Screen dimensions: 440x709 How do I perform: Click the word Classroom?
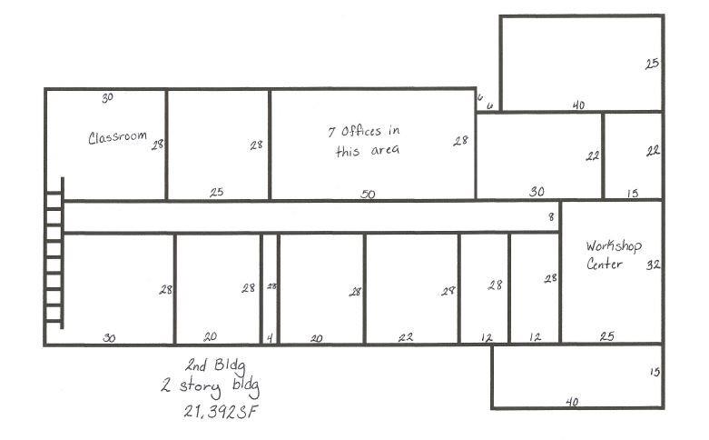[117, 137]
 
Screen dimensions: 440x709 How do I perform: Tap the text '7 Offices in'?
[363, 131]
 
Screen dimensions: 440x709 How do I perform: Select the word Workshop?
[614, 245]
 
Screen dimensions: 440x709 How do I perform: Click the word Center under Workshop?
[605, 264]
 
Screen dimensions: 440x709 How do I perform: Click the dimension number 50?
[368, 194]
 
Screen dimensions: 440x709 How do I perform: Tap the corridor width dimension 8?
[550, 217]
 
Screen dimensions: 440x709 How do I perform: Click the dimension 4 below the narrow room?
[270, 338]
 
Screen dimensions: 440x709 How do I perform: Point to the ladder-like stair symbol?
[54, 253]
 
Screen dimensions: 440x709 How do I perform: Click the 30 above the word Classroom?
[107, 97]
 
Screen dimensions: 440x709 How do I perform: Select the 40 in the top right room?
[578, 105]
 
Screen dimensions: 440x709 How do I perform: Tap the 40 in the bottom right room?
[571, 401]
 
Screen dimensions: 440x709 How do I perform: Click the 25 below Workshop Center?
[606, 336]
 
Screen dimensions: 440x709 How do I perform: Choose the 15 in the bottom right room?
[655, 372]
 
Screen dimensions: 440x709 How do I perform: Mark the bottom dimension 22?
[405, 337]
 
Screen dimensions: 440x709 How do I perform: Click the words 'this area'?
[367, 151]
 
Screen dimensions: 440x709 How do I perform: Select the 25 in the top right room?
[652, 64]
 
